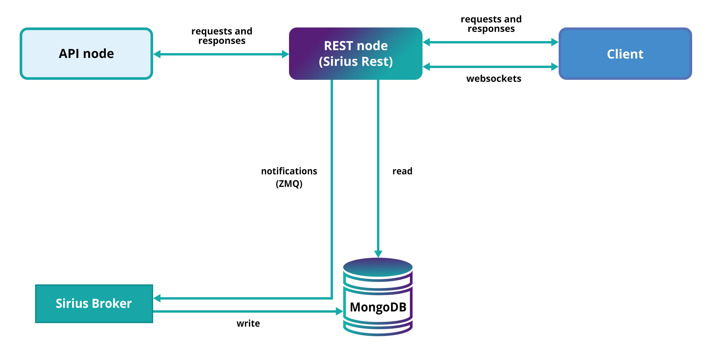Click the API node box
click(86, 54)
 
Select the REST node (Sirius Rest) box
click(355, 54)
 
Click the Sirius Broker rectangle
click(94, 303)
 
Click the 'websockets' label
click(493, 79)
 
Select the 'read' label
click(402, 171)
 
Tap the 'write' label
click(248, 323)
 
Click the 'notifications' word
click(289, 171)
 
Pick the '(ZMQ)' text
click(289, 183)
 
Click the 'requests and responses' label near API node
click(222, 36)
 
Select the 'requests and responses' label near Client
click(491, 24)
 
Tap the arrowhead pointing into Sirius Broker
click(157, 298)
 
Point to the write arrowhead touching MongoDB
click(339, 311)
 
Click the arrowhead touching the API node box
click(157, 54)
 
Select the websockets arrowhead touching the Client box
click(554, 67)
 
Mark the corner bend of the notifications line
click(332, 298)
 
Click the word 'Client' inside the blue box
click(625, 54)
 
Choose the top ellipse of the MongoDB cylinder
click(378, 267)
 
